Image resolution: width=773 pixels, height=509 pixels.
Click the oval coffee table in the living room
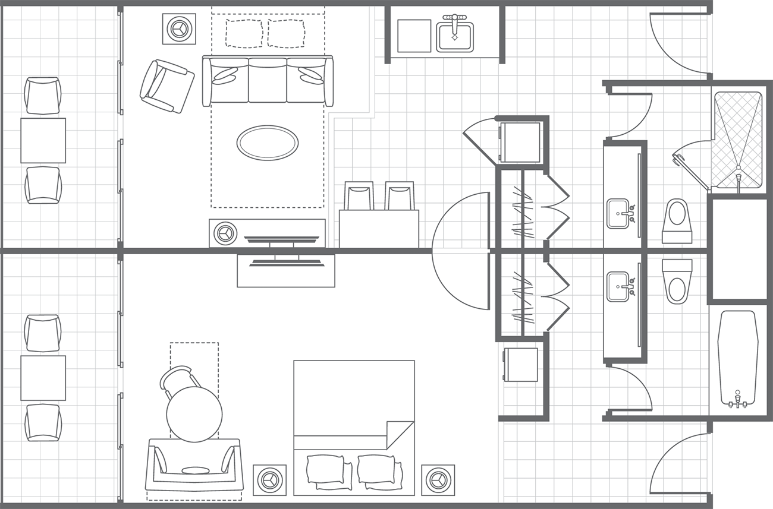coord(268,143)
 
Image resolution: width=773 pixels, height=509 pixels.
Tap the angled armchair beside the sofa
coord(166,86)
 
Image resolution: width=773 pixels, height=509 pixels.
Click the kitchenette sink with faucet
coord(455,37)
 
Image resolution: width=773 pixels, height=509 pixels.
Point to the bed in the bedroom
coord(354,428)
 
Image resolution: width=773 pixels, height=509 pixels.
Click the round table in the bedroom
coord(194,414)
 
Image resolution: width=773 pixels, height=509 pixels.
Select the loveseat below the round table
coord(194,466)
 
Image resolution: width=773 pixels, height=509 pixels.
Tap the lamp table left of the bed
coord(269,480)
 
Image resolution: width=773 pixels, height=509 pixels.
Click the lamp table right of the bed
coord(438,480)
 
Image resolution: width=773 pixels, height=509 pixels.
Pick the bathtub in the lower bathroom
coord(737,359)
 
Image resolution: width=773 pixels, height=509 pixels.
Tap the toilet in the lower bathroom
coord(677,282)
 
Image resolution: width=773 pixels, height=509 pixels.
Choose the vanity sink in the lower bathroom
coord(618,286)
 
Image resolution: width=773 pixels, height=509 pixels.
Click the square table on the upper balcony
coord(43,140)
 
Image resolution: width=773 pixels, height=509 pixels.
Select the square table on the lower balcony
coord(43,378)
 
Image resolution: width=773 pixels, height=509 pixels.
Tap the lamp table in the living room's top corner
coord(179,28)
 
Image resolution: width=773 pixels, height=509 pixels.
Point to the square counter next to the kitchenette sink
coord(414,36)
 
